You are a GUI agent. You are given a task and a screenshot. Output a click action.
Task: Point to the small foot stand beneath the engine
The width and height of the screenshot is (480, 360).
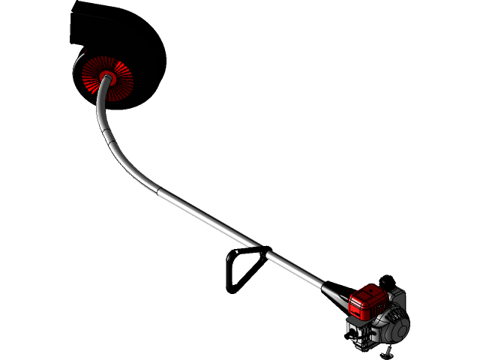[x=389, y=352]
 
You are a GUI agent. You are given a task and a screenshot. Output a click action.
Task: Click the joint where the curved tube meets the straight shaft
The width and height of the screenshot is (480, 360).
[x=157, y=187]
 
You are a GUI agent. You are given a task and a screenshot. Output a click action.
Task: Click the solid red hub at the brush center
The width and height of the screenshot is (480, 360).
[x=106, y=76]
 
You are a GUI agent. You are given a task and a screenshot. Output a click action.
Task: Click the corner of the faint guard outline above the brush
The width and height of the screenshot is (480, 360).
[x=71, y=16]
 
